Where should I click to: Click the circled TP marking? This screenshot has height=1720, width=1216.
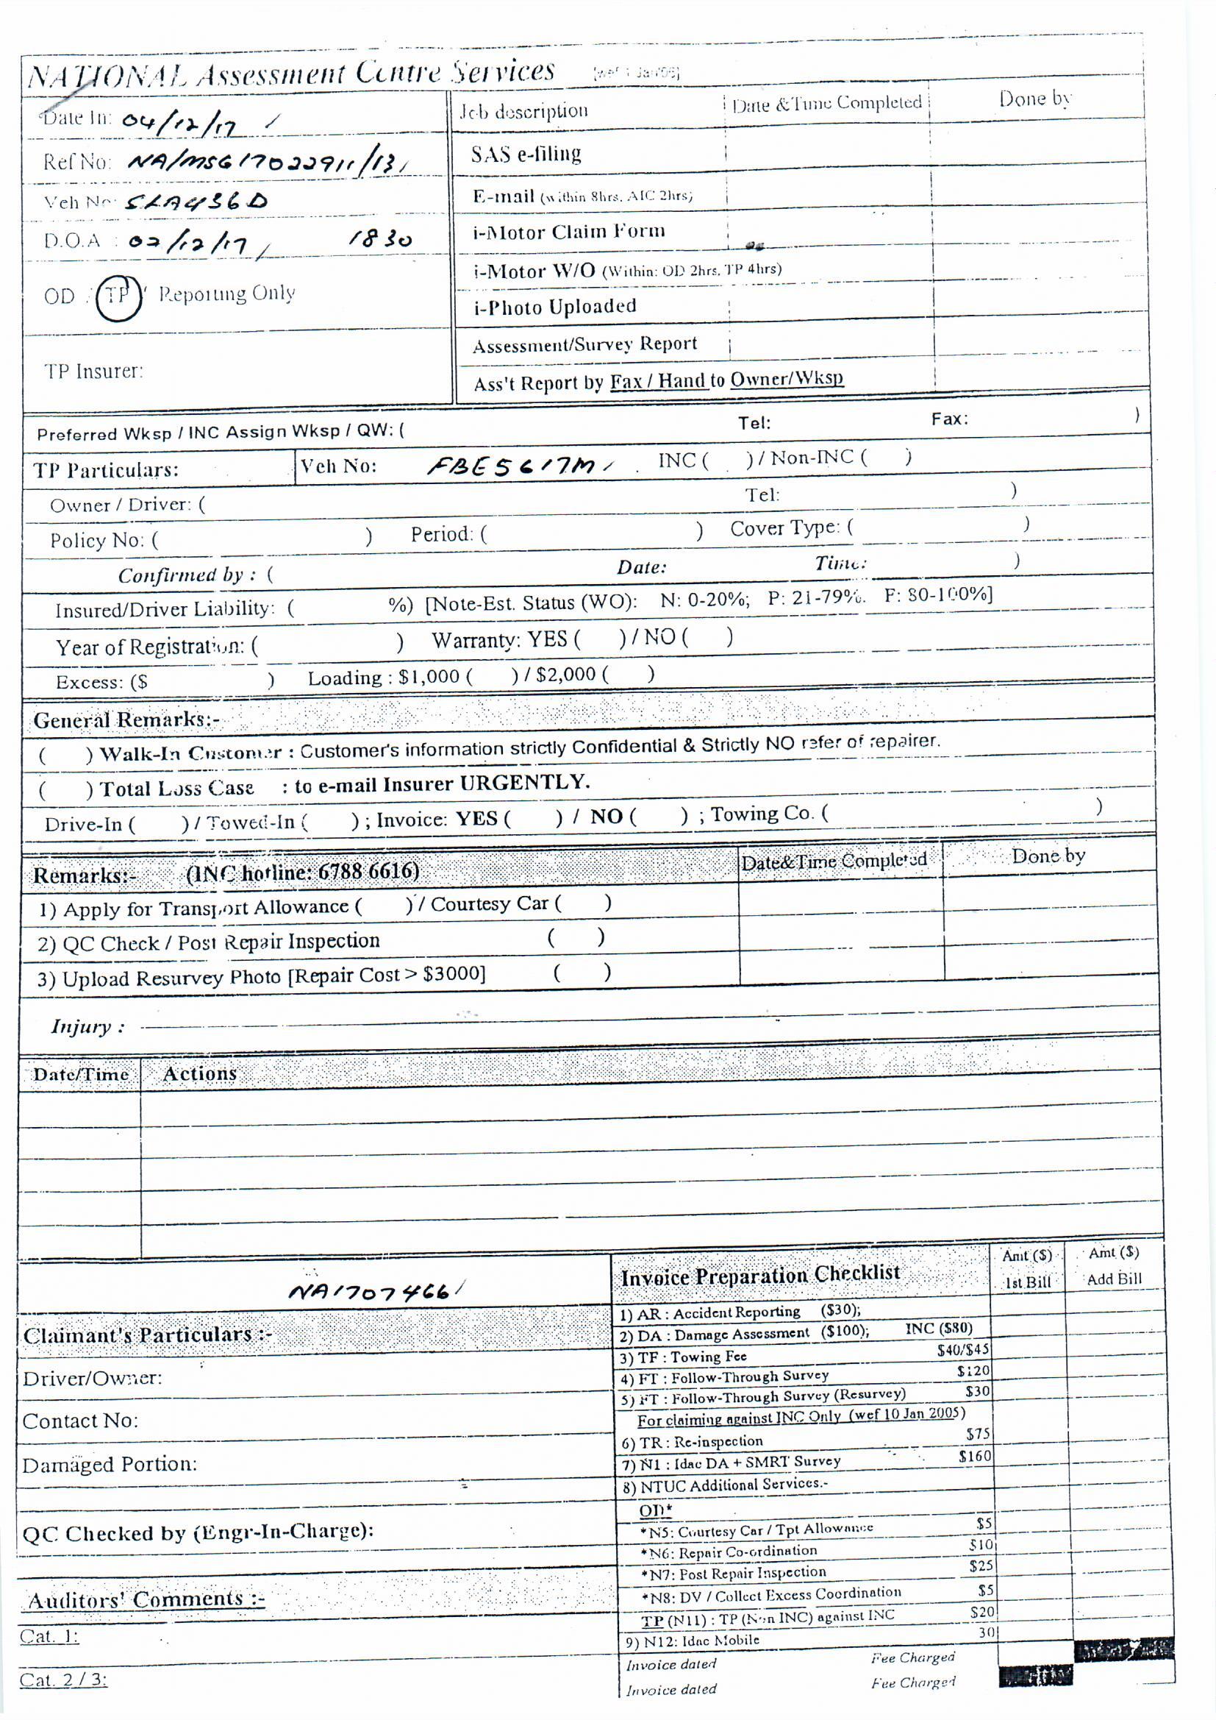[x=118, y=296]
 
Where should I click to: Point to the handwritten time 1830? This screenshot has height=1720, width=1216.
[x=380, y=240]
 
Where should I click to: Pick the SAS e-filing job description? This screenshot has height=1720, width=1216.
[x=526, y=154]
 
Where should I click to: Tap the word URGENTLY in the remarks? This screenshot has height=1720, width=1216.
[x=524, y=783]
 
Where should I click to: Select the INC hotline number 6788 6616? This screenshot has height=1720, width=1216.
[x=368, y=871]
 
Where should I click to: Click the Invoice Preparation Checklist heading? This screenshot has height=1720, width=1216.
[x=760, y=1275]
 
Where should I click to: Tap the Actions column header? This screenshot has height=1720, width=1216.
[x=199, y=1074]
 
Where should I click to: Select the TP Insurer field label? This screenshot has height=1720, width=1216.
[x=93, y=372]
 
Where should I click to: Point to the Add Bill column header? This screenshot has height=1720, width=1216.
[x=1113, y=1279]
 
